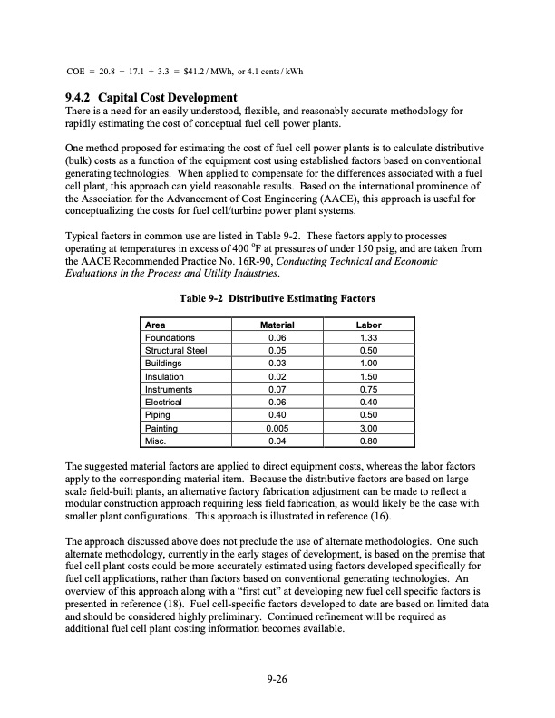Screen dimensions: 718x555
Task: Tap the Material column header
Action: click(x=277, y=324)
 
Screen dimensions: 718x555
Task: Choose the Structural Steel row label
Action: click(x=176, y=350)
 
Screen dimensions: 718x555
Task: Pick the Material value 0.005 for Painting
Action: click(x=277, y=428)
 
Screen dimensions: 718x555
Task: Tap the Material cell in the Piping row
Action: click(x=277, y=415)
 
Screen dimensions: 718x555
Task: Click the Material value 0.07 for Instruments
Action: click(x=277, y=389)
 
